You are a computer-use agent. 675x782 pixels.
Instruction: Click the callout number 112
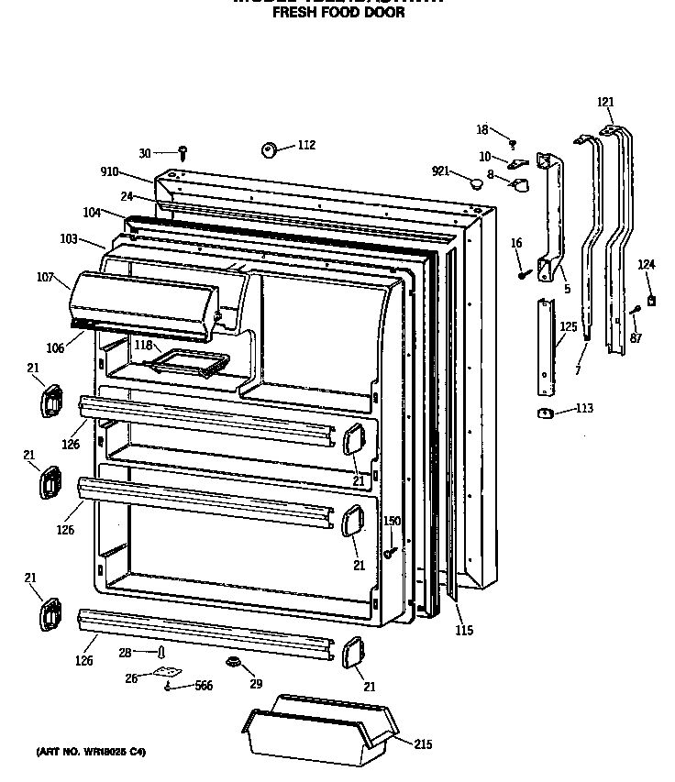(306, 145)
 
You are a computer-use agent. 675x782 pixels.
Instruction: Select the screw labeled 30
(183, 150)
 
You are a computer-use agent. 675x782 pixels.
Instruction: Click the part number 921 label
(442, 171)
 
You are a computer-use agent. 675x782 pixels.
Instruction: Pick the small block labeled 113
(544, 413)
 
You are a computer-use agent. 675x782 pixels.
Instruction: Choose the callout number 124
(647, 265)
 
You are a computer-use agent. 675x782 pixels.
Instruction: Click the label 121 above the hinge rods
(606, 102)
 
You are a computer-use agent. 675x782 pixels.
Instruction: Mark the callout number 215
(422, 744)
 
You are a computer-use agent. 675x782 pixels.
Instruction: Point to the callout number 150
(392, 521)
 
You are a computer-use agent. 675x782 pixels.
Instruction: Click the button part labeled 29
(233, 662)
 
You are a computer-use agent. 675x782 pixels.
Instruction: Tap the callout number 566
(203, 686)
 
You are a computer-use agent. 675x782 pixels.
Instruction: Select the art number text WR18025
(110, 752)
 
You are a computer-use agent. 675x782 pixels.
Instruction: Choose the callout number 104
(92, 213)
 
